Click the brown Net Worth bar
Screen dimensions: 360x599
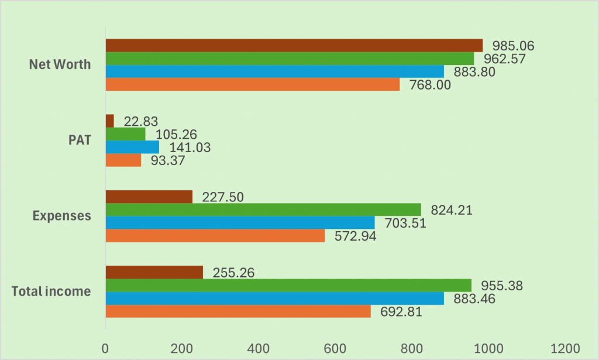[294, 46]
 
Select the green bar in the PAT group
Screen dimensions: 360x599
[125, 134]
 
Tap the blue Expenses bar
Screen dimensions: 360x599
[240, 222]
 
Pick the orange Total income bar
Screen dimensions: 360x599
[237, 311]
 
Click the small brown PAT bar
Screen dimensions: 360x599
[109, 121]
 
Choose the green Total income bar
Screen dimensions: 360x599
[288, 285]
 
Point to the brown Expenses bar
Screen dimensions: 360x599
[149, 197]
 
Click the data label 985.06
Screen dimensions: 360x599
[514, 46]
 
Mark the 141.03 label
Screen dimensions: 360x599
[190, 148]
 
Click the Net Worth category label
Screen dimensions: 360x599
[60, 64]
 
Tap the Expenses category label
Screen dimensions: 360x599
[61, 215]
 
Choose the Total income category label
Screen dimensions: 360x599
[51, 291]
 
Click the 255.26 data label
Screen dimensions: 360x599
[233, 273]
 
